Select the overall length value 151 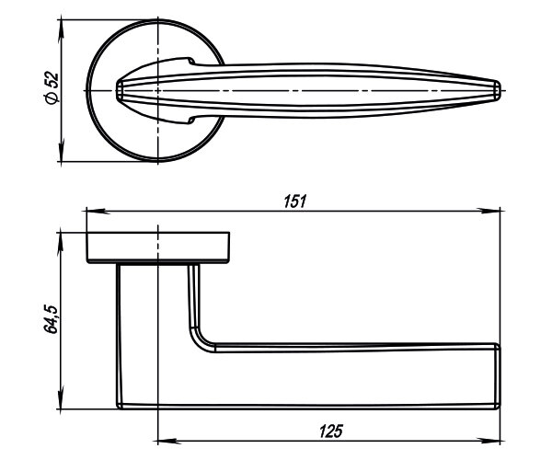(x=294, y=201)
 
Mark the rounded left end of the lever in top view (x=121, y=90)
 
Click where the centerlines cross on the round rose (x=159, y=90)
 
